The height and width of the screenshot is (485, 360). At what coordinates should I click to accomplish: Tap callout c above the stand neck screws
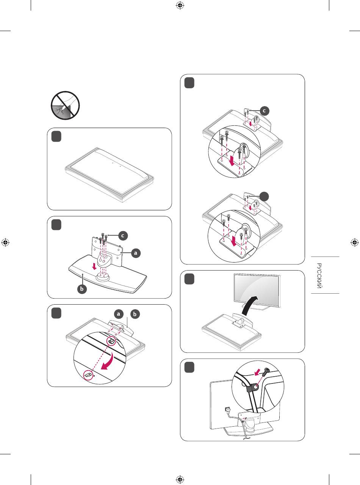122,235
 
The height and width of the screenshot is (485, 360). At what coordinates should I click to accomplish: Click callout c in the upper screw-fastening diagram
264,110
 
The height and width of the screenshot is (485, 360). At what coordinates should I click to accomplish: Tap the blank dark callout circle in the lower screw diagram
264,196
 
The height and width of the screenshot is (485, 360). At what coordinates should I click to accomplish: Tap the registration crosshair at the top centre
180,6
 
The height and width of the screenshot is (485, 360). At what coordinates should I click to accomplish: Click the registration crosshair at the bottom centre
180,479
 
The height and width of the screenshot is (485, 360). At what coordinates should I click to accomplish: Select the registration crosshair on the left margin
6,242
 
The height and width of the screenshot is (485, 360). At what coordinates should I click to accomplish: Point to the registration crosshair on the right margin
354,242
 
